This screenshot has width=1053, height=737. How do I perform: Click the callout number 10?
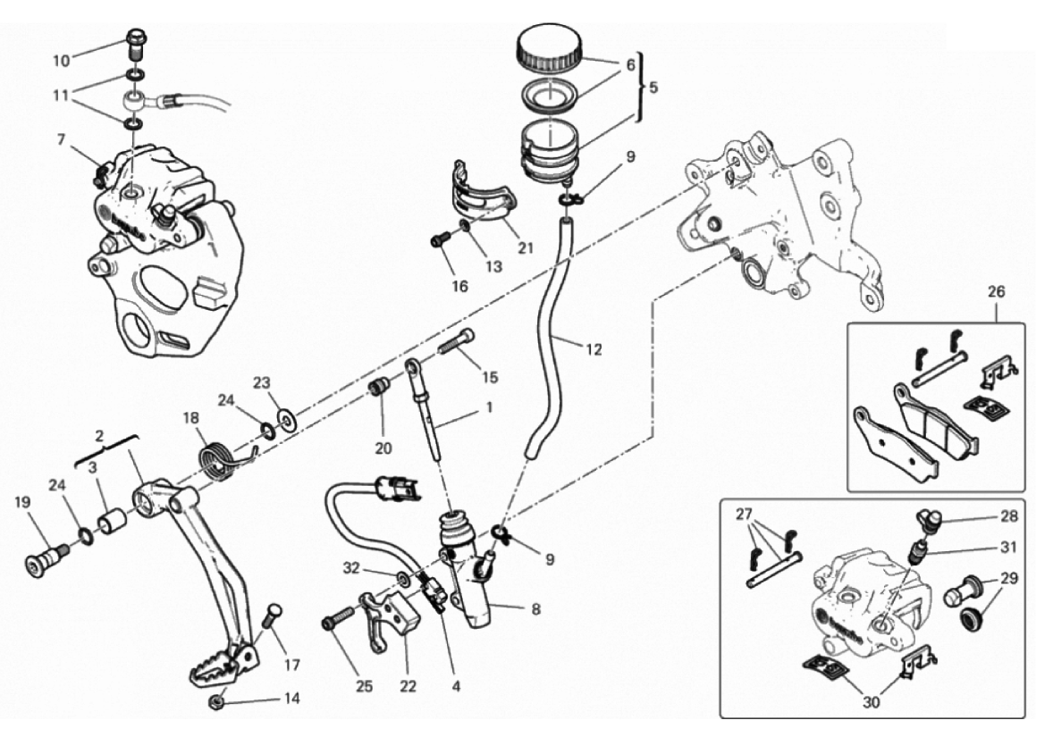[x=61, y=61]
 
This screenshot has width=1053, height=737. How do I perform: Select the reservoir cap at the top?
[x=549, y=46]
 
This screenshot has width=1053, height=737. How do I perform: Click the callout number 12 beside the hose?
[x=594, y=349]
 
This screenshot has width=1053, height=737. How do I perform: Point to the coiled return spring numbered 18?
[x=216, y=457]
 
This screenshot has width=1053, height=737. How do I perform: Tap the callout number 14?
[x=291, y=698]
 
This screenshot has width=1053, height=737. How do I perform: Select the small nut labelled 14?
[x=217, y=701]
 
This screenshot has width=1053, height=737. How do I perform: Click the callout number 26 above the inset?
[x=997, y=292]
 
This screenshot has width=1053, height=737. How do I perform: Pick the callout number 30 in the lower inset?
[x=871, y=703]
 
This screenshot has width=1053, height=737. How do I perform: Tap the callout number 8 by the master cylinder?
[x=536, y=610]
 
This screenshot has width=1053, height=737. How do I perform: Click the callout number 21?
[x=525, y=247]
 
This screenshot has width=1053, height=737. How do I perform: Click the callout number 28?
[x=1008, y=516]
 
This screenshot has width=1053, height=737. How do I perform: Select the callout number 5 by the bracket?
[x=653, y=88]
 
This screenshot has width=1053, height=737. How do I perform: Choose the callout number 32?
[x=352, y=568]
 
